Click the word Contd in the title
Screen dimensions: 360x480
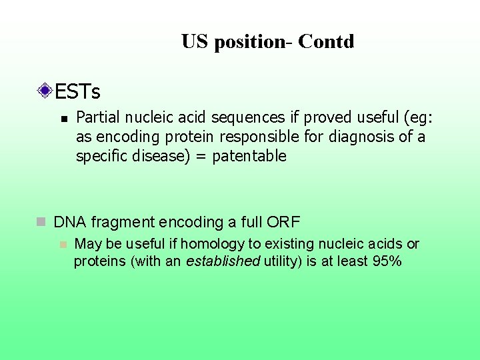[x=326, y=42]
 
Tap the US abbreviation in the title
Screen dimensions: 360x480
[x=195, y=42]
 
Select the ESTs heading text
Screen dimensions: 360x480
[x=77, y=90]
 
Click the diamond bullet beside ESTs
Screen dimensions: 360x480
[x=45, y=90]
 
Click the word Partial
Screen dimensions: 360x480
[x=99, y=118]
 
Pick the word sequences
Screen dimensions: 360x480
[x=249, y=118]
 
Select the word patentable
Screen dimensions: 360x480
[x=249, y=157]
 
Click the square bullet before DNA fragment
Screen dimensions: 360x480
[x=41, y=222]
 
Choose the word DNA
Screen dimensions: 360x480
[x=67, y=222]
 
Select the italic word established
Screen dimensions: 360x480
[x=223, y=261]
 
